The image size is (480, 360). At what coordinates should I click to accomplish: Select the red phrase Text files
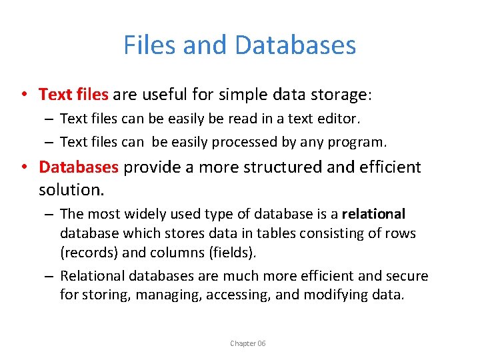coord(73,95)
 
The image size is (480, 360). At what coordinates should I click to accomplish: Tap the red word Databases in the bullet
coord(79,167)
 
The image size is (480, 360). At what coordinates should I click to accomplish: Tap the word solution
coord(71,189)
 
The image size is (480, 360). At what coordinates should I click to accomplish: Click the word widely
coord(141,214)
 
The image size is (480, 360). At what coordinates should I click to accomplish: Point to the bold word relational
coord(373,214)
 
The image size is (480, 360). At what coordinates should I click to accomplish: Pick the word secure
coord(404,276)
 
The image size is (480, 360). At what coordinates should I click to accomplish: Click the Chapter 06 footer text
coord(247,343)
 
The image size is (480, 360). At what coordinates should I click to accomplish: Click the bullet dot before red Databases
coord(23,167)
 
